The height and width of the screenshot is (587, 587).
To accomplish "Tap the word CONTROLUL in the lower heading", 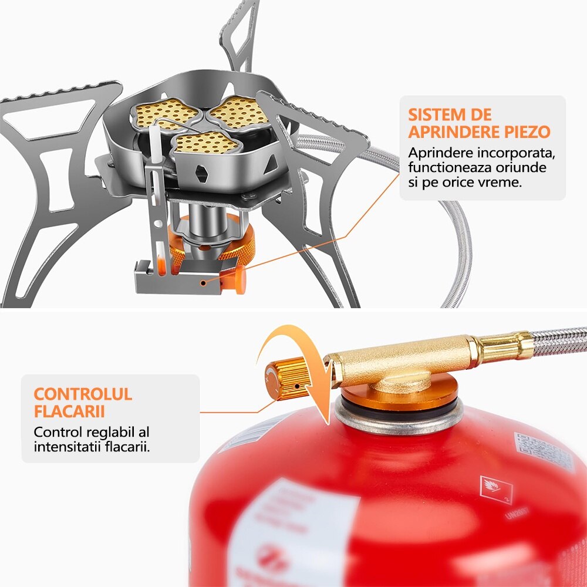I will (x=83, y=393).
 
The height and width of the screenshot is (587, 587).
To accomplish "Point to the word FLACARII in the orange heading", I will (x=70, y=411).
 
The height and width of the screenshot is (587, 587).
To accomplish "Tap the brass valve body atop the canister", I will (x=399, y=367).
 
